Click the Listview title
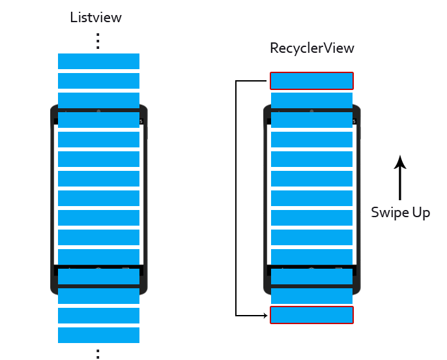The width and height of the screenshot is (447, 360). tap(96, 18)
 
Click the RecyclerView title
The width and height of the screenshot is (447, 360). tap(311, 48)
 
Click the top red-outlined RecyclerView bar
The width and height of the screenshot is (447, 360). tap(311, 80)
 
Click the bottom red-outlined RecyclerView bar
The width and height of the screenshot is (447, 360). tap(311, 315)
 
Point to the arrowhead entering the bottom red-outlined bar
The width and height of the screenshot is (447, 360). tap(265, 316)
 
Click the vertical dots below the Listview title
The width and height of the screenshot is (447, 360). tap(98, 40)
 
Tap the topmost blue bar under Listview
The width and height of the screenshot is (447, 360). tap(98, 61)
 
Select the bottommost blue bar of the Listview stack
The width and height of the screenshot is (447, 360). tap(98, 335)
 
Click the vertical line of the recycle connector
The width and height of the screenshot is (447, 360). tap(236, 198)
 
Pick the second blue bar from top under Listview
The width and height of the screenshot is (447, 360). tap(98, 81)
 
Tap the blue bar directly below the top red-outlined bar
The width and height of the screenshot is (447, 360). tap(311, 100)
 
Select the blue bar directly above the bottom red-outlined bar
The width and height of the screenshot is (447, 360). tap(311, 296)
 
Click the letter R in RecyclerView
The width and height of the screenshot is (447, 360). tap(274, 48)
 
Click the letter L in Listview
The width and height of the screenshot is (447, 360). tap(74, 18)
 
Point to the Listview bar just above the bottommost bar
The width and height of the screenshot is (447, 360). tap(98, 316)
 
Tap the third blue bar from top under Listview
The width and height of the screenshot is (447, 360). tap(98, 100)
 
